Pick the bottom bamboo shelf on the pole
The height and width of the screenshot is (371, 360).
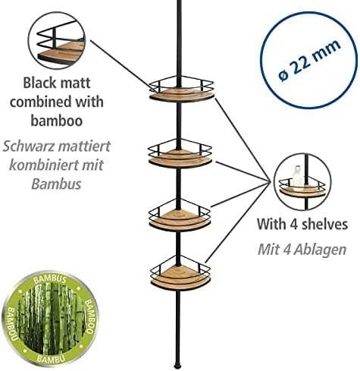[180, 278]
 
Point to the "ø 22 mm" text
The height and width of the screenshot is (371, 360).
[310, 60]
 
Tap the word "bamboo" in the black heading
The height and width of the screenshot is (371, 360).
[57, 121]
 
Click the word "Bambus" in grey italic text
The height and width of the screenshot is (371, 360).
[56, 184]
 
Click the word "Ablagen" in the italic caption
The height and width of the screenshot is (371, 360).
[320, 250]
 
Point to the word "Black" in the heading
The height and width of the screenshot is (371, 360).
[39, 83]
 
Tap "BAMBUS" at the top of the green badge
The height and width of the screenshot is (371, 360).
[50, 279]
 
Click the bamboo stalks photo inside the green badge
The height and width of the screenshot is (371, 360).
[51, 318]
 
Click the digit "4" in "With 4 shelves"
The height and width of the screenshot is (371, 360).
[293, 225]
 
